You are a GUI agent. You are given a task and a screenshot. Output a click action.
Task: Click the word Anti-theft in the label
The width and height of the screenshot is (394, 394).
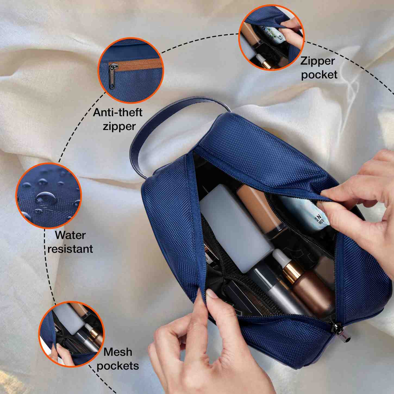pyautogui.click(x=118, y=112)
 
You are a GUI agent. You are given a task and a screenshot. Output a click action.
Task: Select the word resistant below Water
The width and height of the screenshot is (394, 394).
pyautogui.click(x=70, y=249)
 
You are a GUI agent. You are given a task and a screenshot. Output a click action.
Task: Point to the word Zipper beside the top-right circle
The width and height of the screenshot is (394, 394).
pyautogui.click(x=317, y=61)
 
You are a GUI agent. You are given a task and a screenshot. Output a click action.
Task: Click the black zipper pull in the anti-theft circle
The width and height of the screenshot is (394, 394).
pyautogui.click(x=112, y=75)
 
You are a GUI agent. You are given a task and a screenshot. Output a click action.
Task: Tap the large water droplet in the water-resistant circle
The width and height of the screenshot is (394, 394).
pyautogui.click(x=45, y=198)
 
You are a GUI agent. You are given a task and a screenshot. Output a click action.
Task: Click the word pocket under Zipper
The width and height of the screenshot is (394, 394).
pyautogui.click(x=319, y=75)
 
